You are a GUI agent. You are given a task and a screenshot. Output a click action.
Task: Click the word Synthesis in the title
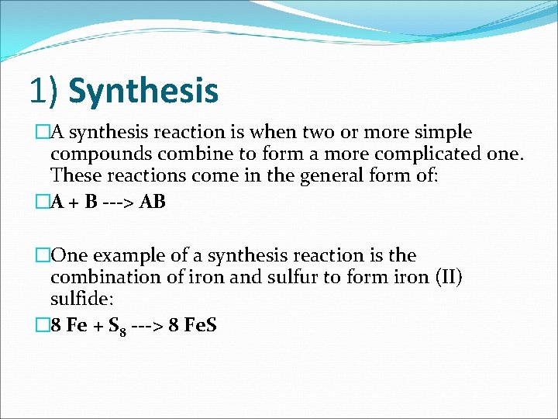click(143, 90)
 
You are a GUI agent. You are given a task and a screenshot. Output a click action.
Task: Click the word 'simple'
click(443, 133)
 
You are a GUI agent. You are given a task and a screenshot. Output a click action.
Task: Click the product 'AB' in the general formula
click(153, 203)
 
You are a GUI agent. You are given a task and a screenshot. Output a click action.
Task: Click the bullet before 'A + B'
click(43, 203)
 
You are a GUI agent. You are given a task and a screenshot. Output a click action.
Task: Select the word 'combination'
click(102, 277)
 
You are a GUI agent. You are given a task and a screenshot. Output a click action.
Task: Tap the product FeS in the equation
click(199, 325)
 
